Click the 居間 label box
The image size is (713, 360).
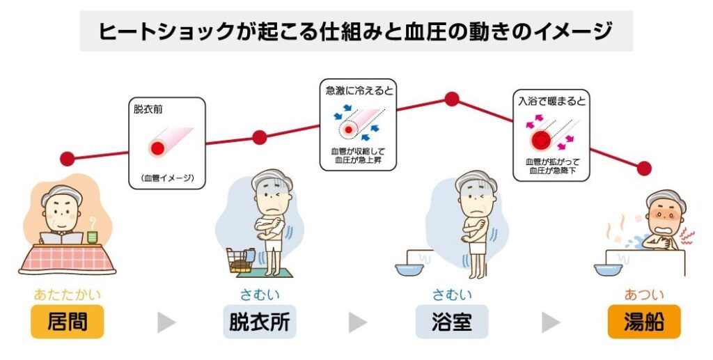point(68,322)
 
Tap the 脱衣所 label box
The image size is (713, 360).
point(259,322)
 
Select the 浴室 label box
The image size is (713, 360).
point(451,322)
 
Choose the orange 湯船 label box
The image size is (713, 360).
point(644,322)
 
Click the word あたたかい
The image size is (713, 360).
point(68,295)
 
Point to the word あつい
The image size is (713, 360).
point(644,295)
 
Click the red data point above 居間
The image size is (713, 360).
point(68,159)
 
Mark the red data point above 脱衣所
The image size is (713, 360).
point(259,137)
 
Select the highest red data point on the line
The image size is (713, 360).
point(451,99)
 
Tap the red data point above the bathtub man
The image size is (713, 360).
point(644,169)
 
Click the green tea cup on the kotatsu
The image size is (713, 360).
point(93,236)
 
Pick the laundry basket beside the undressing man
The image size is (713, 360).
point(240,260)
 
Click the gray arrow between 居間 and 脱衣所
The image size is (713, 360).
point(166,322)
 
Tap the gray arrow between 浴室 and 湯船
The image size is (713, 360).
point(551,322)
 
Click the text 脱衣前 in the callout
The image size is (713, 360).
point(148,109)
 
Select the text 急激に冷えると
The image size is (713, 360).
point(359,91)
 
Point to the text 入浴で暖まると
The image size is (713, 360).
point(552,101)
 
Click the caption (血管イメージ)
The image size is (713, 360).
point(167,178)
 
